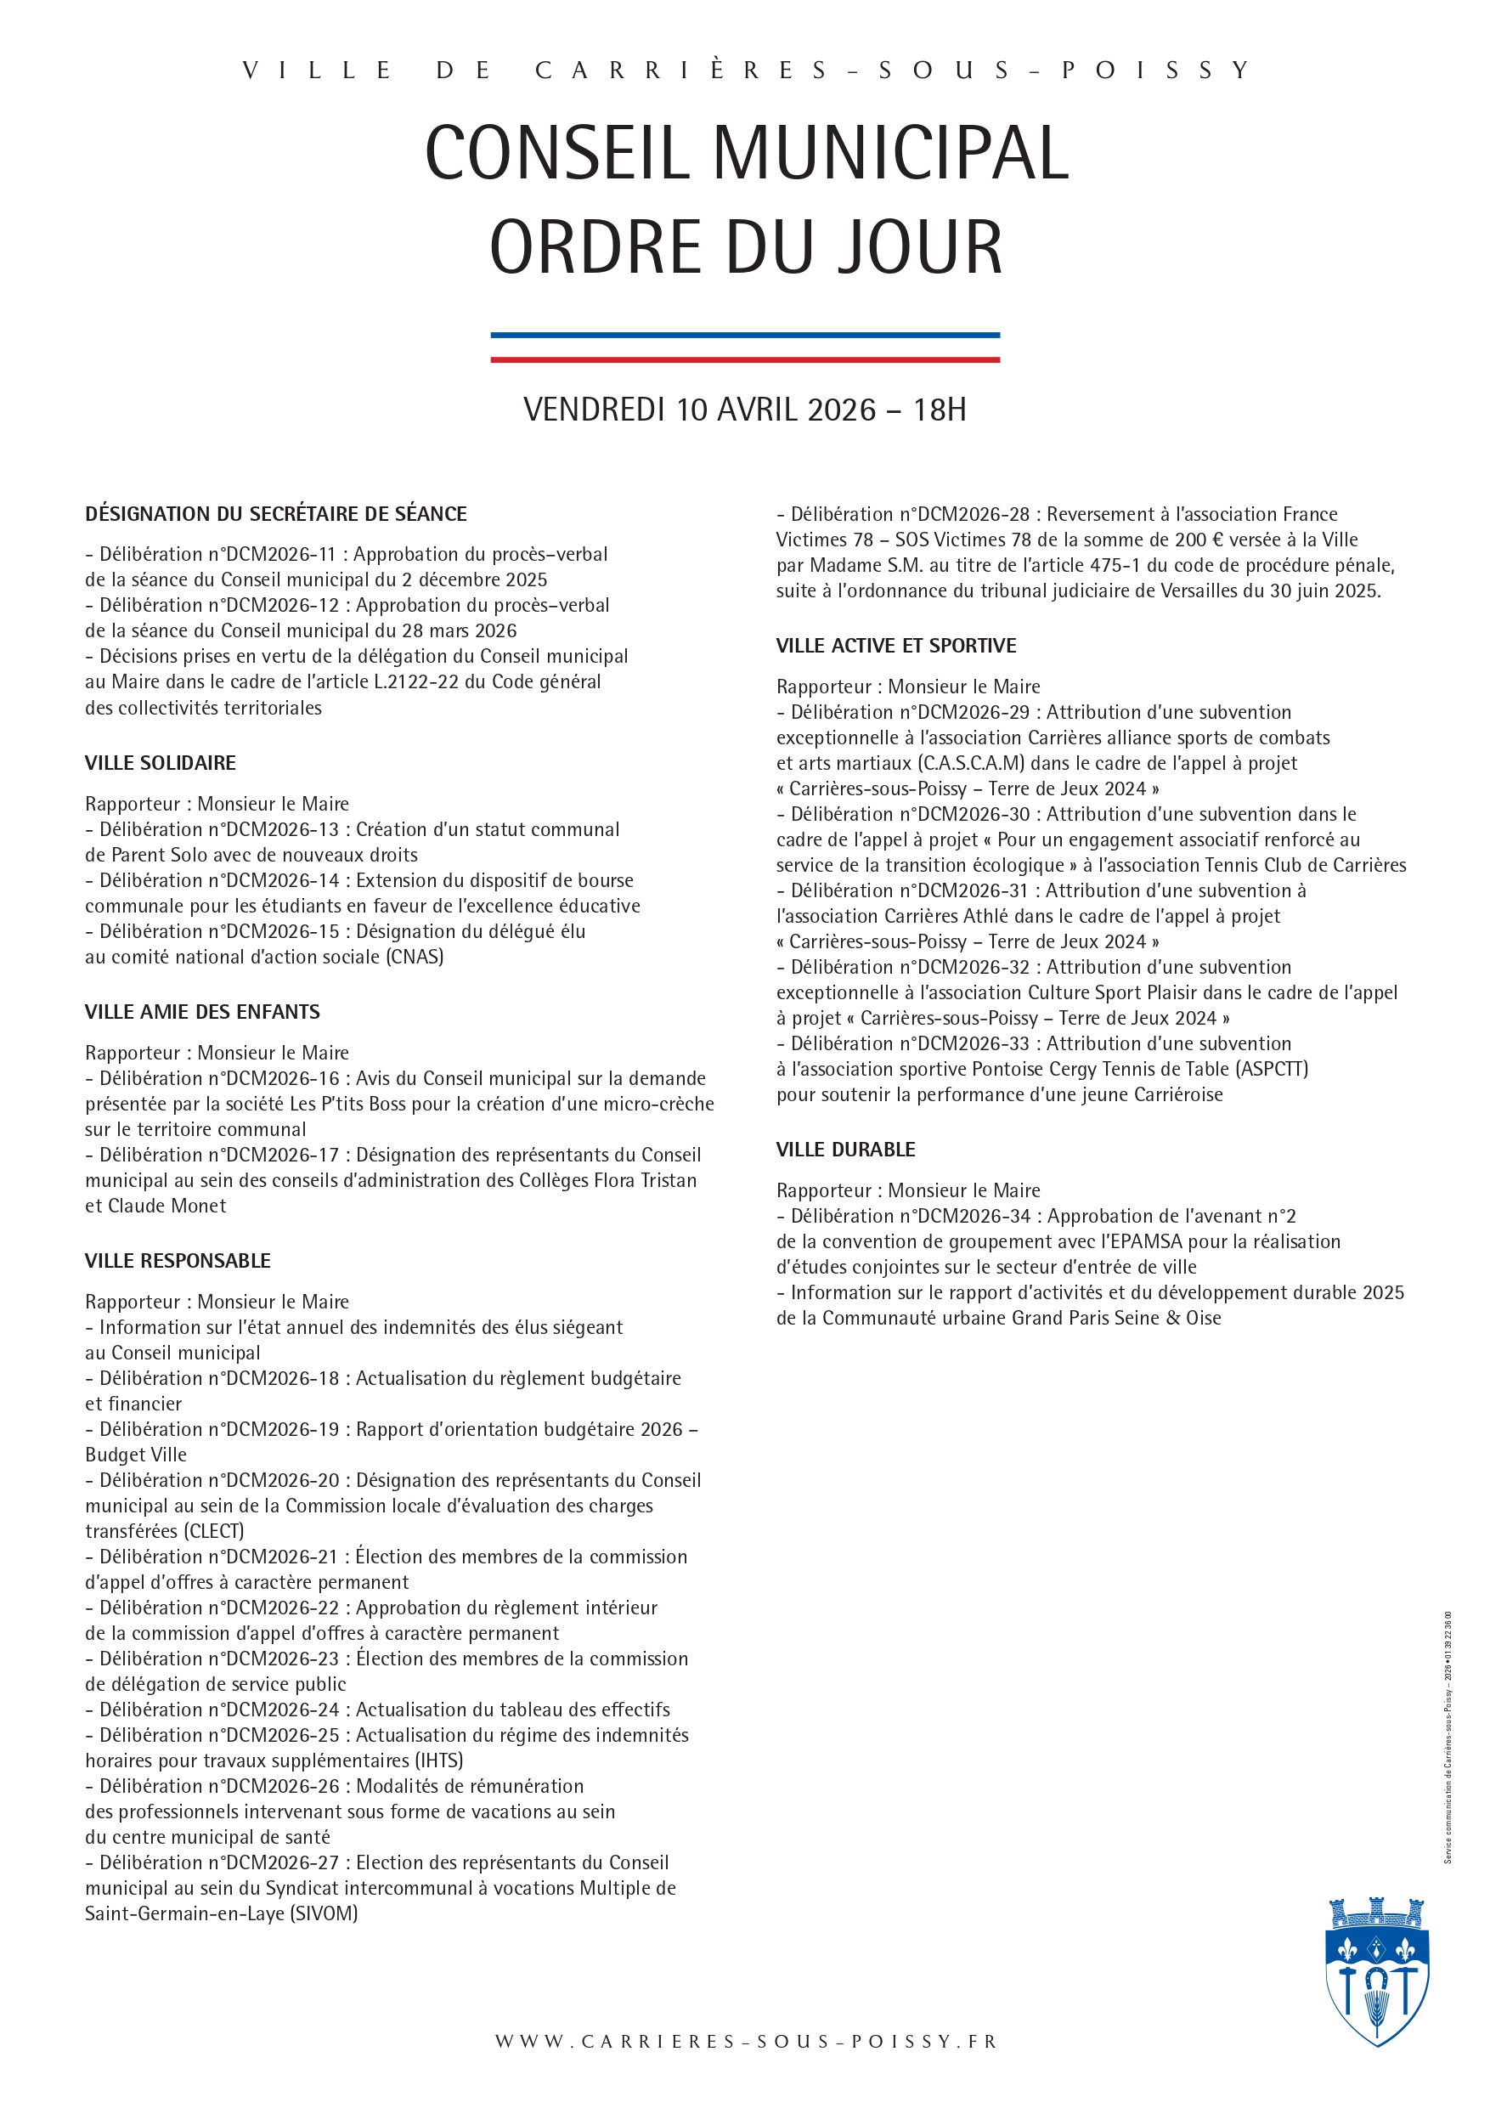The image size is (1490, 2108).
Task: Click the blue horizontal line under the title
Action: tap(744, 335)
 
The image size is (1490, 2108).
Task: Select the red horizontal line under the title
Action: tap(744, 359)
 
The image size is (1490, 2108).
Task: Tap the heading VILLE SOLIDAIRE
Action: tap(161, 763)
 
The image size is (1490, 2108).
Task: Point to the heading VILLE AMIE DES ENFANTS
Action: tap(202, 1012)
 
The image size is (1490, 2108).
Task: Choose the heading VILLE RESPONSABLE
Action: tap(178, 1261)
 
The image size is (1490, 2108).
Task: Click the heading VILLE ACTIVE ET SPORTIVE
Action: tap(896, 646)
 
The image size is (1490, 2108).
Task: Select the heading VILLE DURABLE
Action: tap(845, 1150)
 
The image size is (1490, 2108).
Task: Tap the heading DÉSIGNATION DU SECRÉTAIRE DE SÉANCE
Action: tap(275, 514)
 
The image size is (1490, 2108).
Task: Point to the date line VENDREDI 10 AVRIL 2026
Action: tap(744, 410)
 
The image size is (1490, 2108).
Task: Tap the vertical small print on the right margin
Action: tap(1448, 1735)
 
